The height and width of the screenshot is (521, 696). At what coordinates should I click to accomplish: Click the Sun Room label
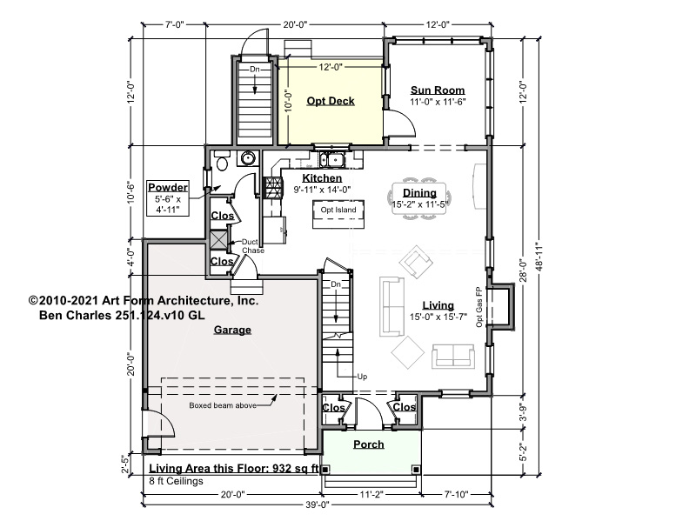[438, 90]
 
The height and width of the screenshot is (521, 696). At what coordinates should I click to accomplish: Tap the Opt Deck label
[331, 101]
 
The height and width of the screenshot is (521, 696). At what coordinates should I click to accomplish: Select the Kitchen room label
[322, 178]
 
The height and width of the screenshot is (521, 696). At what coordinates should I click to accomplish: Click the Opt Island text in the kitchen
[338, 210]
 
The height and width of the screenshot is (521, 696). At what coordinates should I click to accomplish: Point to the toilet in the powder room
[222, 161]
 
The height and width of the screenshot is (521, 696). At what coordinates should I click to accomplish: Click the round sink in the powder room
[248, 158]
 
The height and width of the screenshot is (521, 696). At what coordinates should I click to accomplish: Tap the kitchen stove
[272, 187]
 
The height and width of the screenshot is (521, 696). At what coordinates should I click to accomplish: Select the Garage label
[232, 330]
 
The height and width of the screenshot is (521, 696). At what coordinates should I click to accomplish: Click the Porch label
[368, 444]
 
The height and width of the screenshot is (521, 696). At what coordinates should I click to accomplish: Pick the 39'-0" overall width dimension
[317, 504]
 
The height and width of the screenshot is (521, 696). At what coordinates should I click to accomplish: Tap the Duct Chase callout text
[252, 246]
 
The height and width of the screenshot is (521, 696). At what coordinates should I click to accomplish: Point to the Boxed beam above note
[223, 405]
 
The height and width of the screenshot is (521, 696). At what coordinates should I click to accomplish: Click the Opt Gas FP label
[479, 307]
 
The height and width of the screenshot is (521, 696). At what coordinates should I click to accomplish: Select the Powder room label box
[168, 198]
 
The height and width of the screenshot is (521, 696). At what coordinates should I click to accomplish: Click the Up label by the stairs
[362, 377]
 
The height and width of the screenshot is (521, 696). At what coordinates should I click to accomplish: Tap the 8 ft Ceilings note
[177, 481]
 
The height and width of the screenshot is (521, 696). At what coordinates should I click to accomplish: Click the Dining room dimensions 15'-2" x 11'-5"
[420, 204]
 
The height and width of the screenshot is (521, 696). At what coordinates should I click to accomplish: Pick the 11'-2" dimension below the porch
[371, 494]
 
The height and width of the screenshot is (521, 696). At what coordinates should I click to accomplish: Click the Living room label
[438, 305]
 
